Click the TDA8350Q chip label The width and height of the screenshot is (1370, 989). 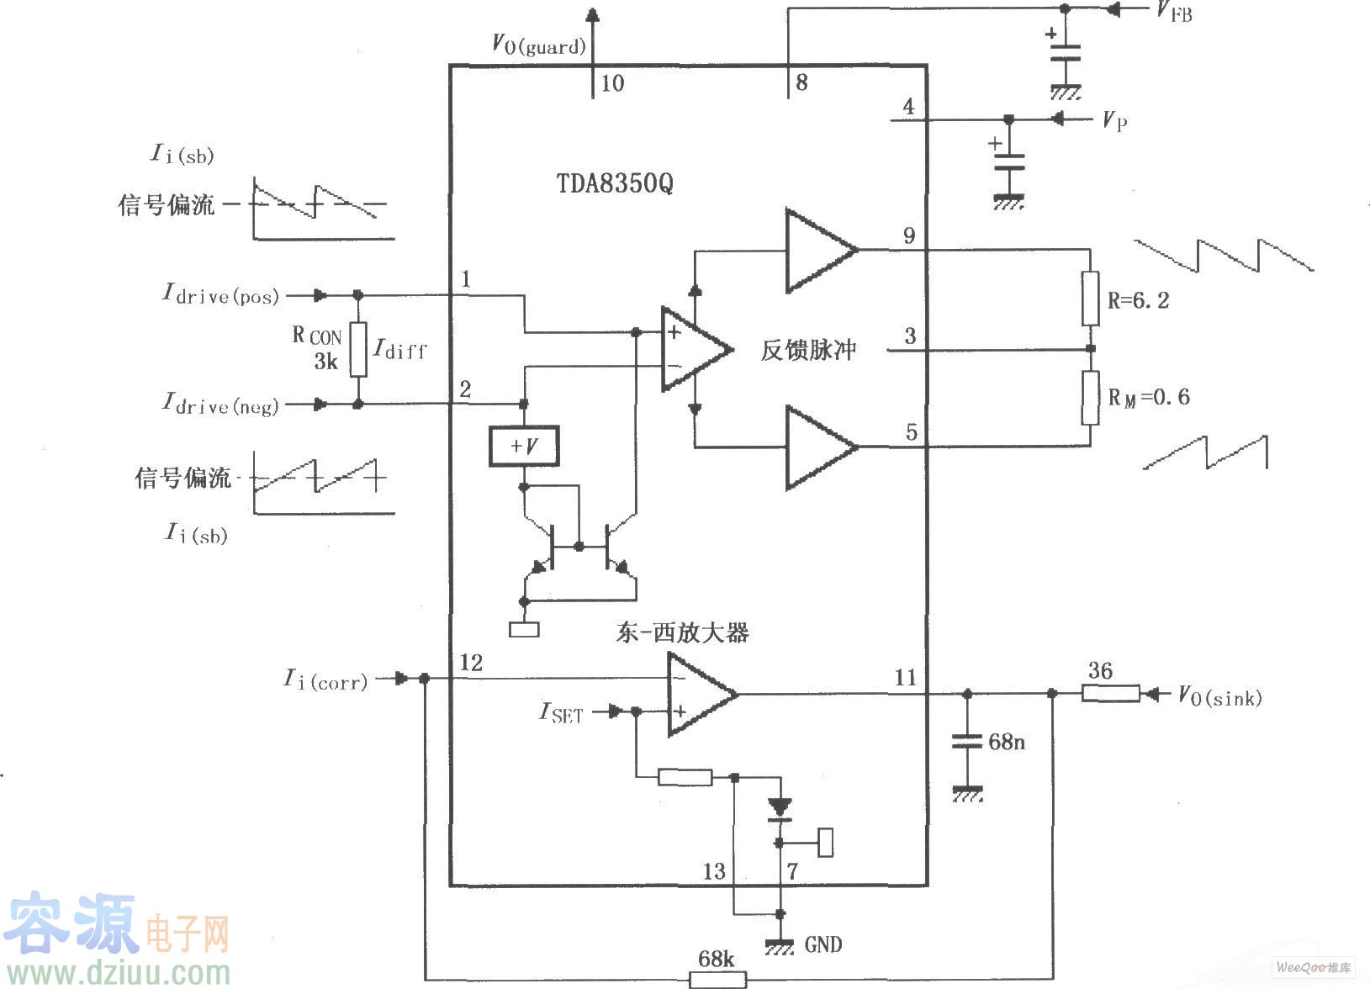click(x=615, y=183)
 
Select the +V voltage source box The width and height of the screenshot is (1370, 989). click(x=524, y=446)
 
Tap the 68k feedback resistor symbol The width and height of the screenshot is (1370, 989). click(x=717, y=979)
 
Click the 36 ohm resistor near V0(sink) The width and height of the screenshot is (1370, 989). click(x=1110, y=694)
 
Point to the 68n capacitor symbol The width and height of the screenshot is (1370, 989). click(x=967, y=742)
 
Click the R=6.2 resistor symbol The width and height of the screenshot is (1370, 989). click(x=1090, y=299)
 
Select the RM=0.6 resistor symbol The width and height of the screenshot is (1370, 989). click(x=1090, y=398)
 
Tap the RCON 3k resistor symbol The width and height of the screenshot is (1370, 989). click(x=358, y=349)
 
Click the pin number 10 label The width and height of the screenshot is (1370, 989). click(x=612, y=83)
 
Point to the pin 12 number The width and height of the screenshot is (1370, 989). click(x=471, y=663)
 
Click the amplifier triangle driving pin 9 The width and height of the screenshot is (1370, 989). click(x=818, y=250)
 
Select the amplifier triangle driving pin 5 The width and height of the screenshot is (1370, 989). click(x=818, y=447)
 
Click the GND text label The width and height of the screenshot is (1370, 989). click(x=823, y=944)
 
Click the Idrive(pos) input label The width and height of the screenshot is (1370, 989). click(x=220, y=294)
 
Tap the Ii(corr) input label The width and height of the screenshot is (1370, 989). click(x=325, y=679)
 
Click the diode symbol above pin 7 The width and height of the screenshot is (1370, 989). click(x=780, y=809)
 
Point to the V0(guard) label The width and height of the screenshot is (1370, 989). click(x=538, y=44)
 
